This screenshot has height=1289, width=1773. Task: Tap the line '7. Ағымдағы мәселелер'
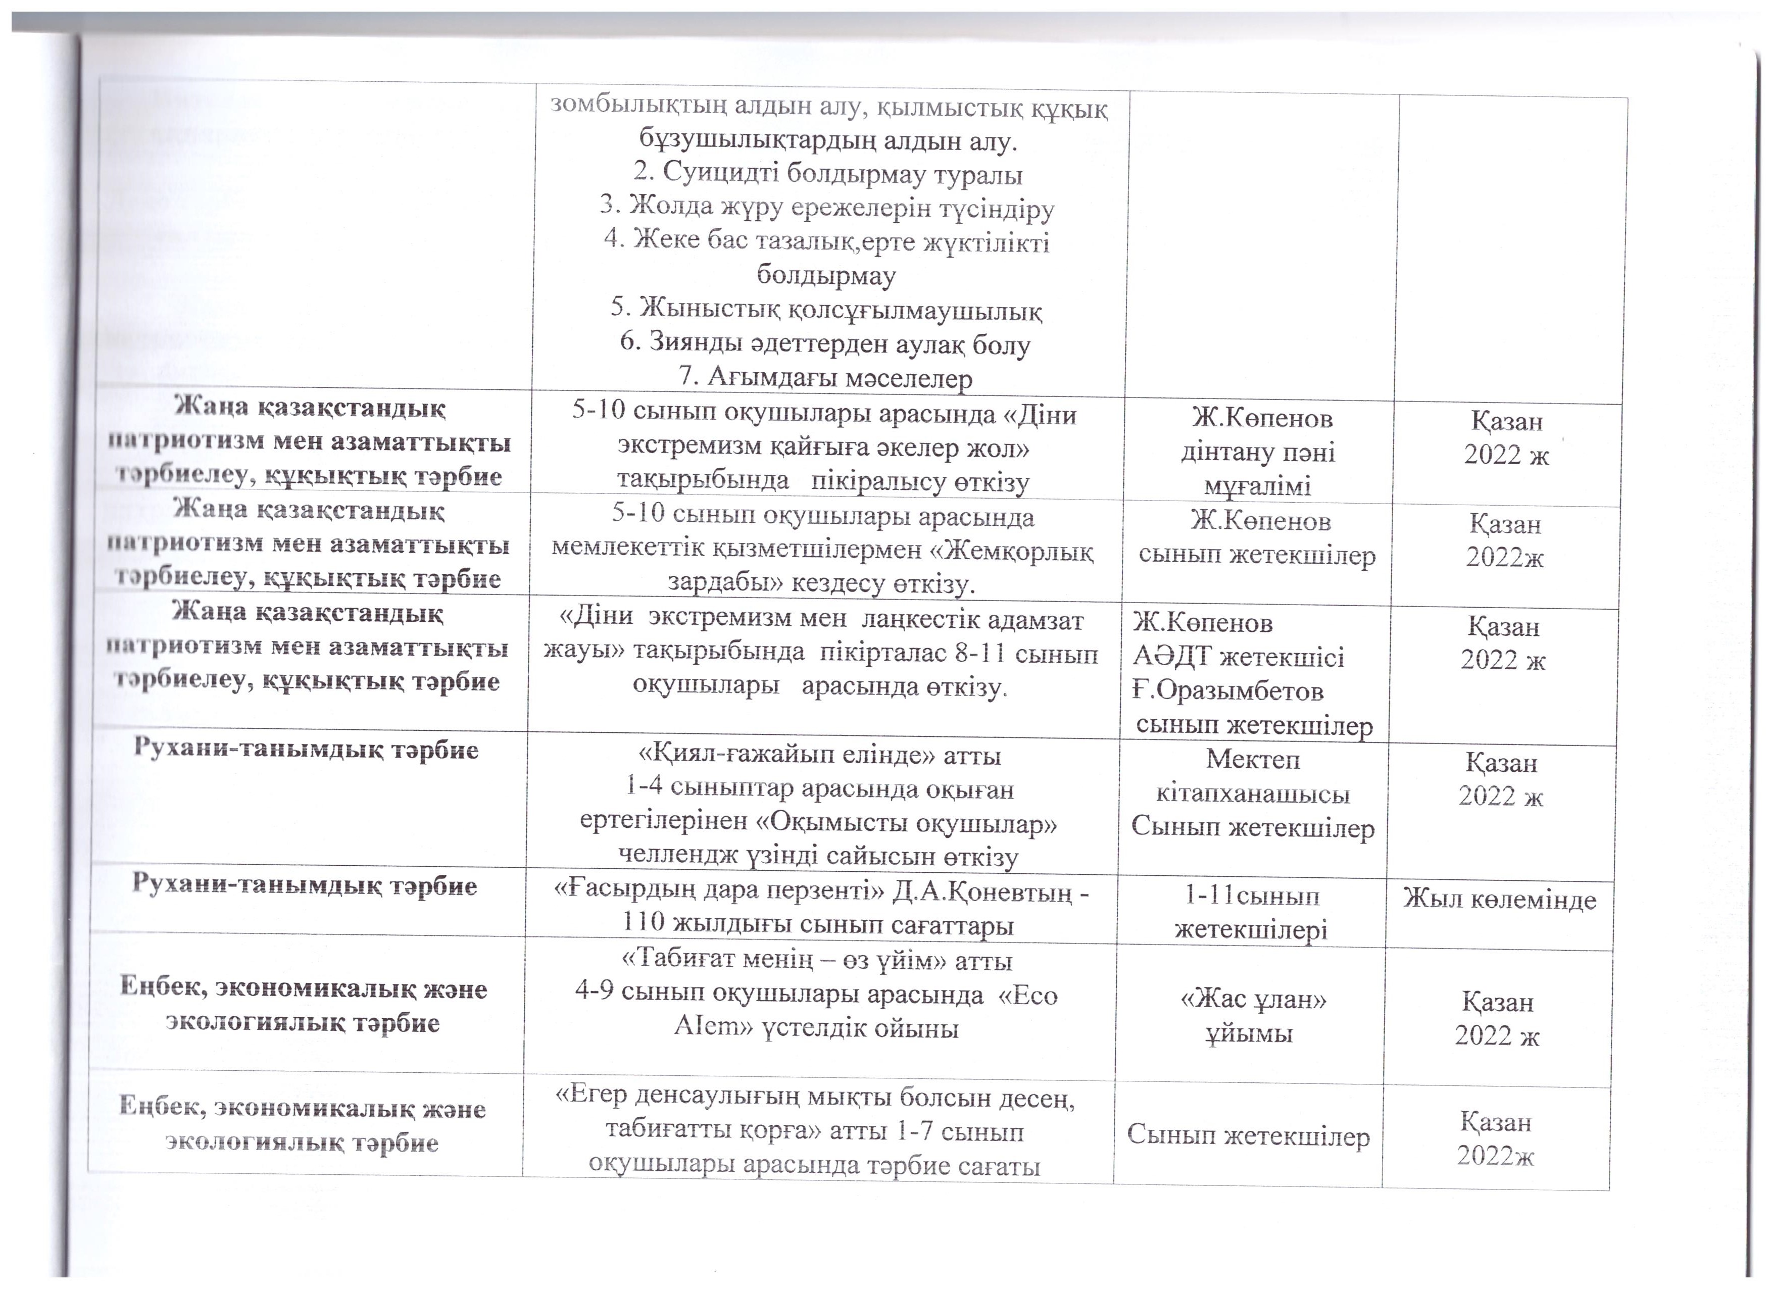pyautogui.click(x=825, y=378)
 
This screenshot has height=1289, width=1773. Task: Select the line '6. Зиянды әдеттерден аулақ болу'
pyautogui.click(x=825, y=344)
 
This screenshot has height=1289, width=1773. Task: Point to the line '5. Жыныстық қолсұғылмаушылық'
pyautogui.click(x=825, y=310)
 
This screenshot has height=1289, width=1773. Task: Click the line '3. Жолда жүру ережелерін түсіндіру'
pyautogui.click(x=827, y=209)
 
